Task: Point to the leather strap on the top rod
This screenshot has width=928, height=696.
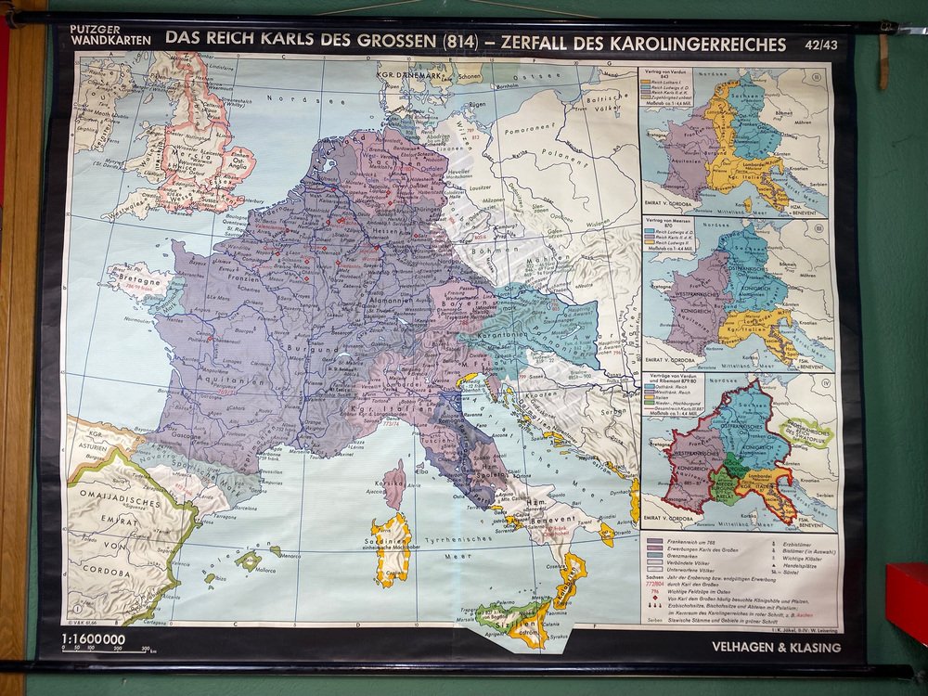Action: click(883, 57)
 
